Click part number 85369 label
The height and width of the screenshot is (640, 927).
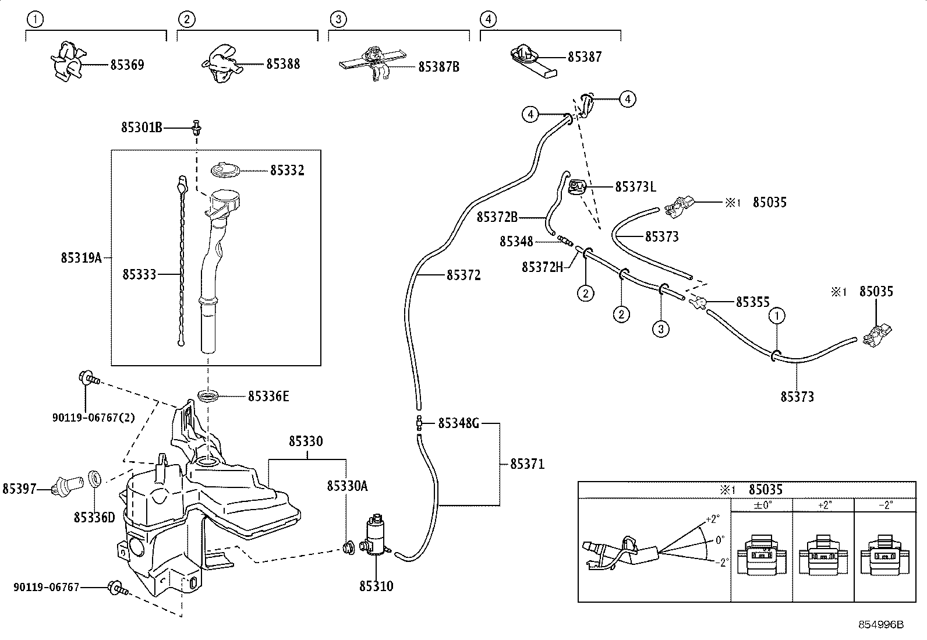coord(127,65)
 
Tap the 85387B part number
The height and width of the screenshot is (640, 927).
coord(438,67)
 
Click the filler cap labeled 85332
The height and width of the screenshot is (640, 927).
coord(226,171)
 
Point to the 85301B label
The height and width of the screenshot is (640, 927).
coord(141,127)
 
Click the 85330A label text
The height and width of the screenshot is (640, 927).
coord(347,486)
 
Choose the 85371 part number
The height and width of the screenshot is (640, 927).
coord(527,464)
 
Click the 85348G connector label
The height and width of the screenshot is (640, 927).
coord(458,423)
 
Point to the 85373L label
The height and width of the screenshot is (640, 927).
coord(635,187)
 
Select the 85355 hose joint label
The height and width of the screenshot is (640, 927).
coord(752,302)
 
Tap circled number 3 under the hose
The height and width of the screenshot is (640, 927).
coord(660,329)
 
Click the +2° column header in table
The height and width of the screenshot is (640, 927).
coord(823,505)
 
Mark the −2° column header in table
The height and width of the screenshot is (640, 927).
coord(884,505)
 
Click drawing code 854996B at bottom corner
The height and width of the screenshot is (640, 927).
coord(881,624)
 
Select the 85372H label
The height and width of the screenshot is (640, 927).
coord(542,267)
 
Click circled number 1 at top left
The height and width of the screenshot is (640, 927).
coord(36,19)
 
